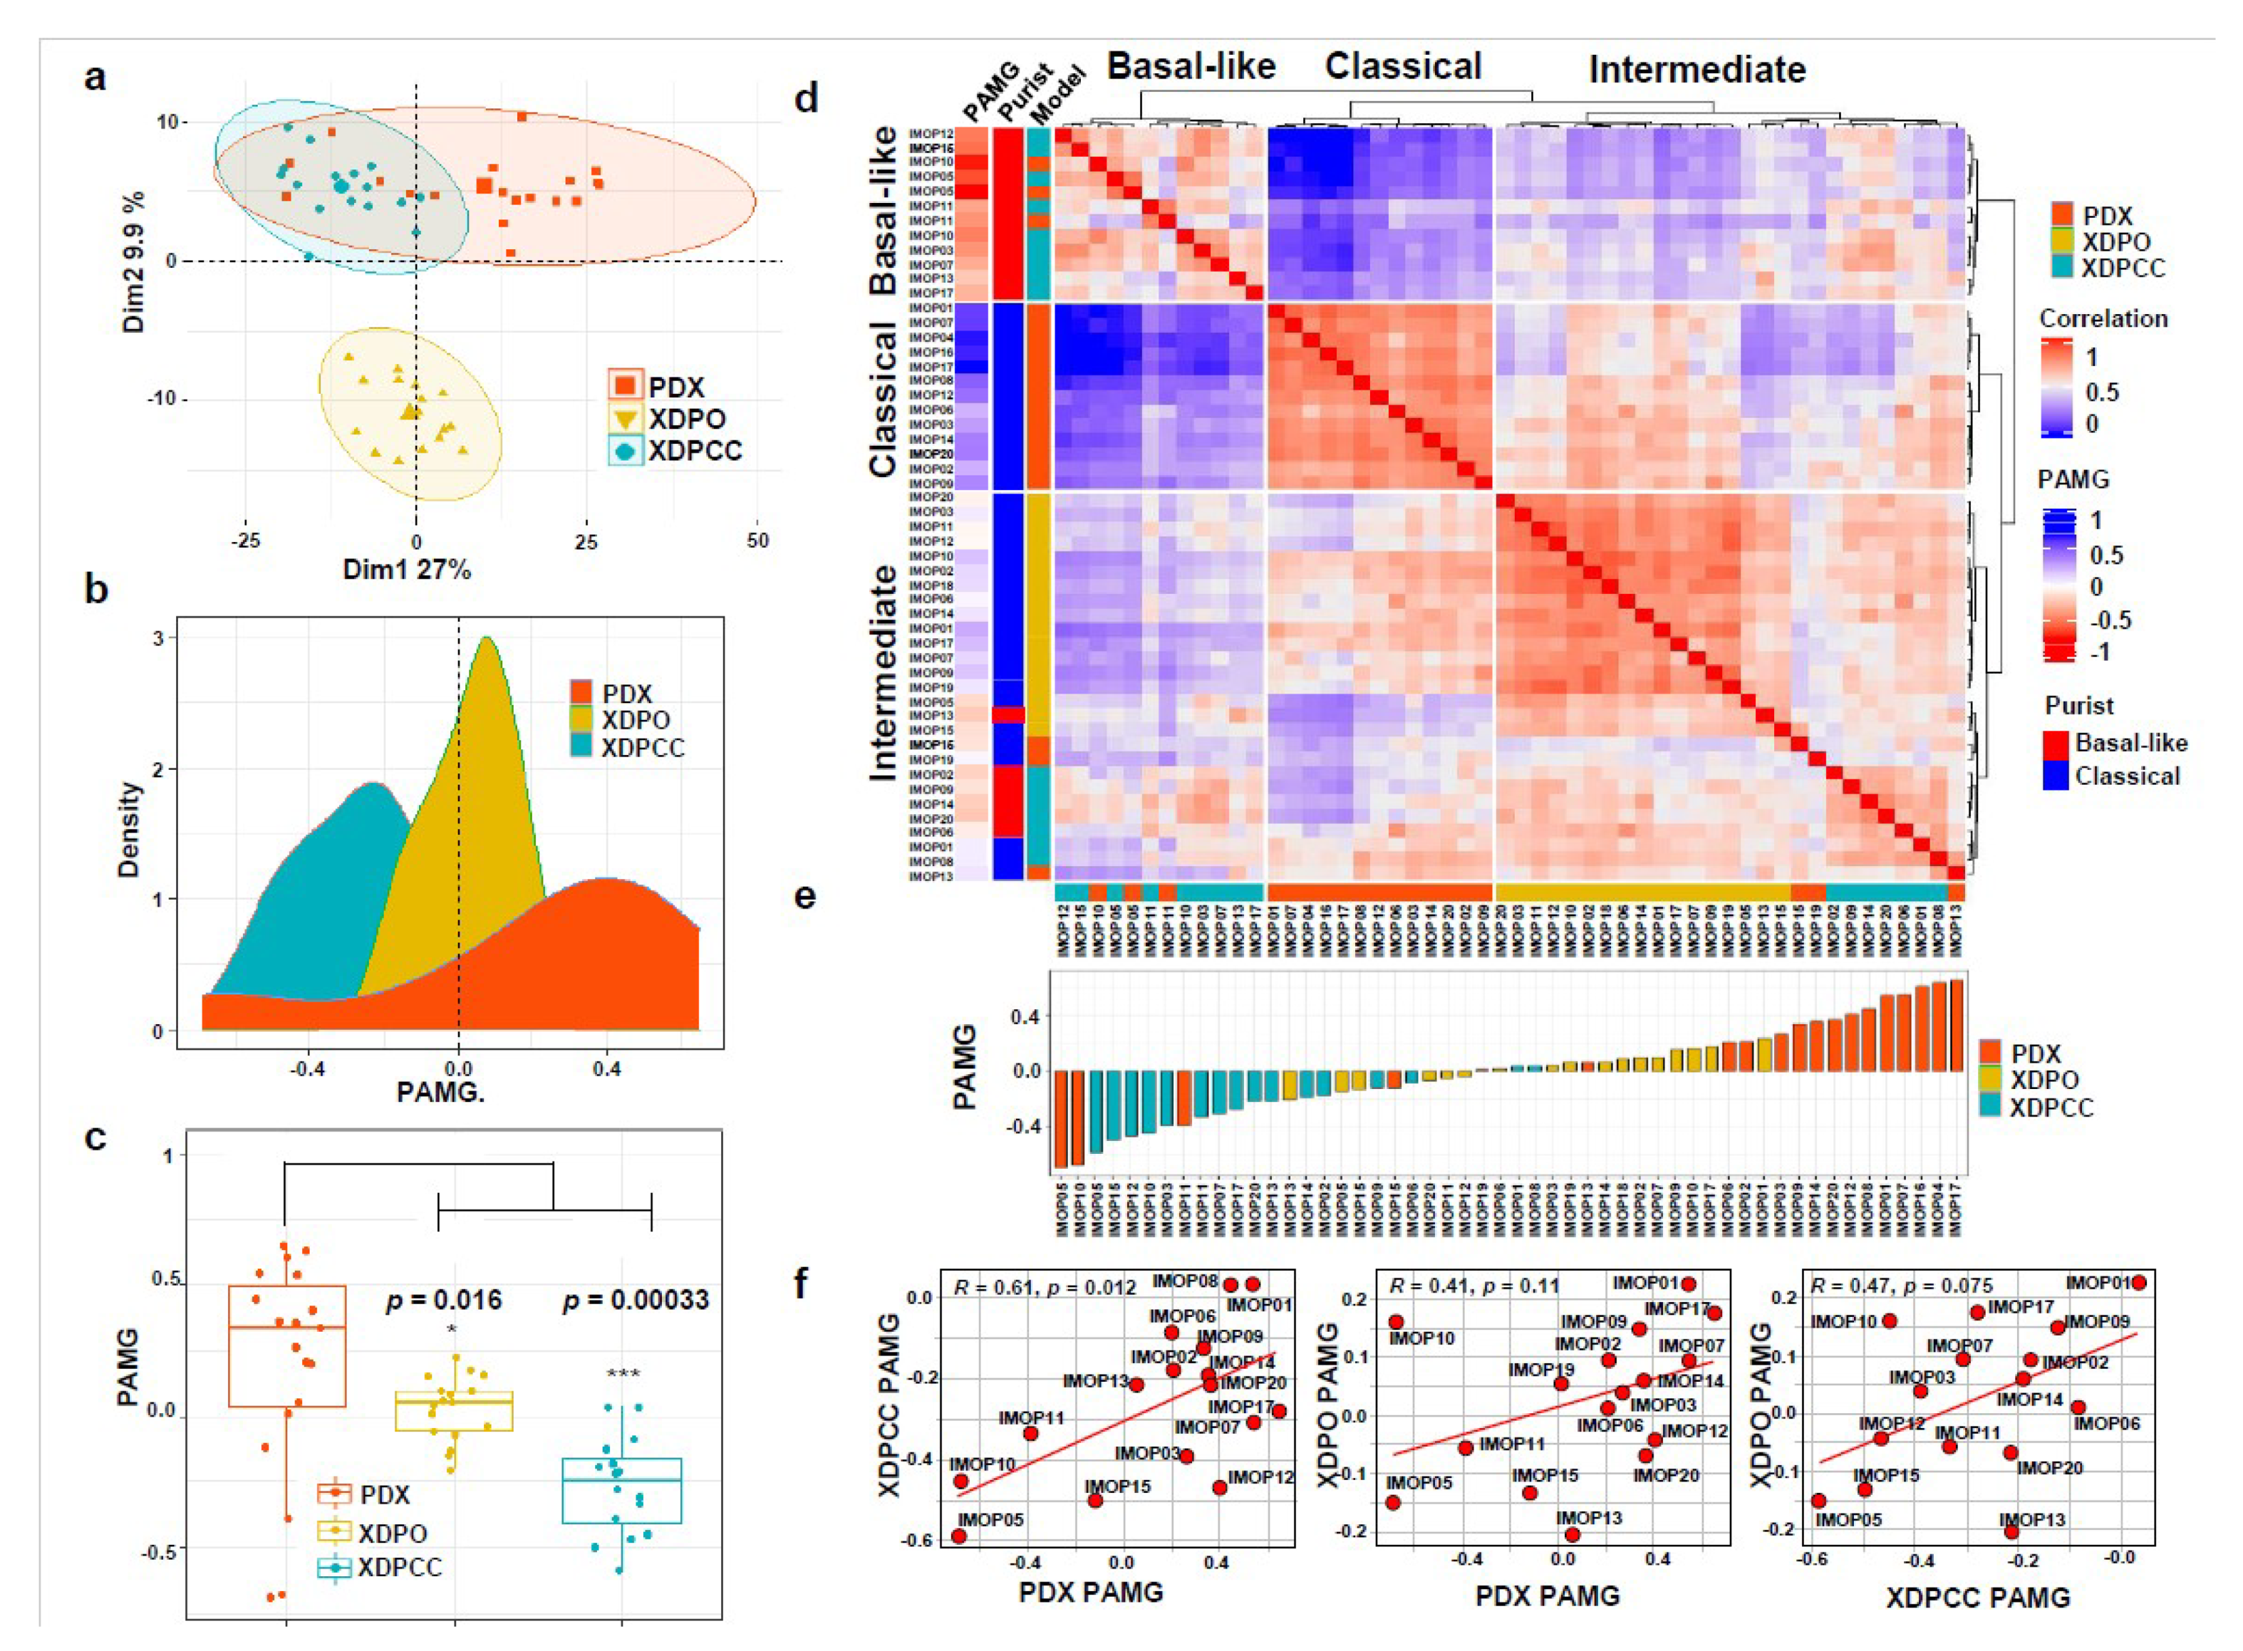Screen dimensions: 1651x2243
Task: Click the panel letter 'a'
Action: [x=95, y=77]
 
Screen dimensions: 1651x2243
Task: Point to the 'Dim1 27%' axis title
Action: [x=406, y=570]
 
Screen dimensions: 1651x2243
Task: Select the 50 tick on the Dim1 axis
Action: [x=757, y=541]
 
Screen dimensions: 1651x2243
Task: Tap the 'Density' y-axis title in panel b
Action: [x=129, y=830]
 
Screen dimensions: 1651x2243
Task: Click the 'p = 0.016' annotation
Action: [x=444, y=1299]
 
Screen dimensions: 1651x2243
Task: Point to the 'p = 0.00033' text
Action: [x=636, y=1299]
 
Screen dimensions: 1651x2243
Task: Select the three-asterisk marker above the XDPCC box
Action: [x=623, y=1374]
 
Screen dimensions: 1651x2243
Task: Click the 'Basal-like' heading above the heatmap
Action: [x=1191, y=67]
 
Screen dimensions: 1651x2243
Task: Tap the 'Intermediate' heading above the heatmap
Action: [x=1697, y=70]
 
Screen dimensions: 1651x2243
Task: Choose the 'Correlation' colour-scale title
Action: [x=2103, y=319]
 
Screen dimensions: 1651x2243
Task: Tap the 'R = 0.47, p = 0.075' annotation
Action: [x=1901, y=1285]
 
